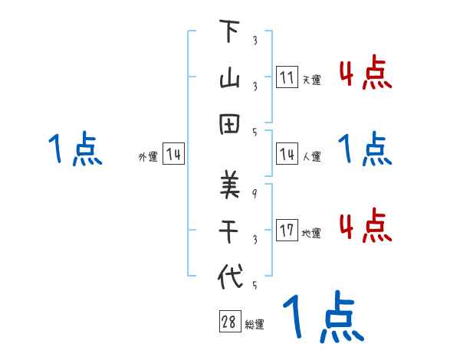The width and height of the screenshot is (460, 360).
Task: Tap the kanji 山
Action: point(228,78)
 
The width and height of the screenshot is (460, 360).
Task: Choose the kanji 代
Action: point(228,276)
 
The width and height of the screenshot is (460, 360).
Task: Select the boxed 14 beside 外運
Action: point(173,155)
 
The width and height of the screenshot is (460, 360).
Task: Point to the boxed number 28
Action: point(229,322)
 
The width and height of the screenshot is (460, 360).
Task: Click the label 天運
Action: point(311,80)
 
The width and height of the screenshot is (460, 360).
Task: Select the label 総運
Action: point(255,324)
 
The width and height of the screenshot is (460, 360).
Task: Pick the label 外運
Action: point(148,156)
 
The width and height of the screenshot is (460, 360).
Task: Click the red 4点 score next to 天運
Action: point(366,74)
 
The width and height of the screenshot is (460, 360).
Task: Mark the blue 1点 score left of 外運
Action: point(74,149)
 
